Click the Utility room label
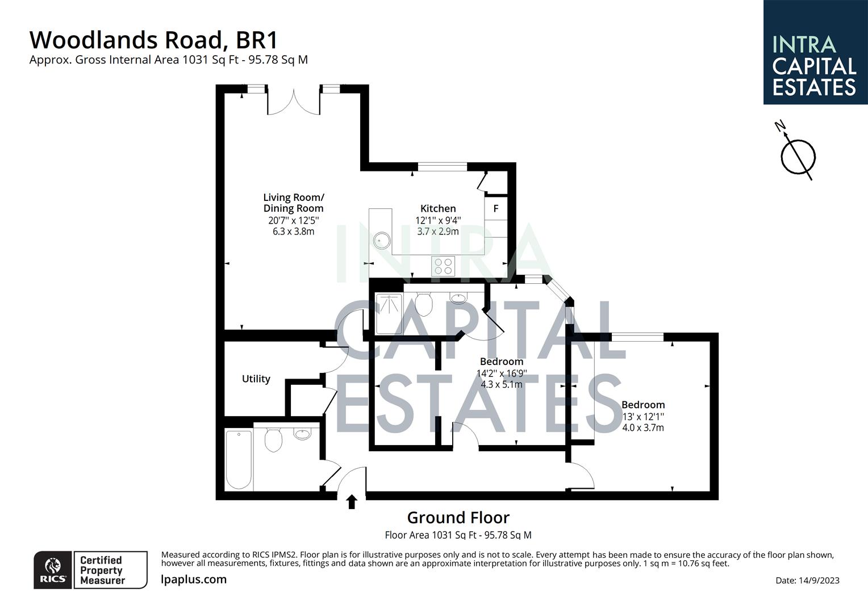click(256, 379)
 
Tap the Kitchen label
click(438, 208)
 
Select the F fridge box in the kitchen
click(496, 208)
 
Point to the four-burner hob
click(443, 266)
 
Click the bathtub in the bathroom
click(239, 460)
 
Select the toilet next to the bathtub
click(273, 440)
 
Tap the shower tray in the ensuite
click(389, 313)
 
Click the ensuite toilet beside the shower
click(424, 304)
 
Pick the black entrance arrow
click(352, 501)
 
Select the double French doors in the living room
click(294, 101)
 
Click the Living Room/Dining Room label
click(294, 203)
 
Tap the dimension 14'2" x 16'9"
click(502, 373)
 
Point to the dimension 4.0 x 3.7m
click(643, 428)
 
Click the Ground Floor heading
click(458, 518)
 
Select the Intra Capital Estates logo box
click(815, 52)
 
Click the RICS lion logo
click(53, 569)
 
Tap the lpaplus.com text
click(194, 580)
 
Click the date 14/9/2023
click(807, 580)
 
